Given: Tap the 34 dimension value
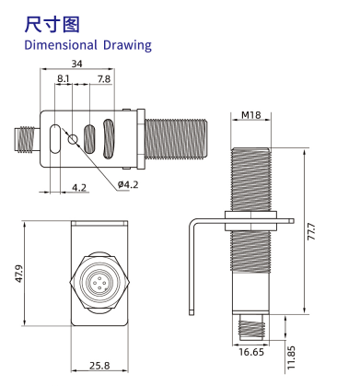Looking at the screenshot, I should coord(78,64).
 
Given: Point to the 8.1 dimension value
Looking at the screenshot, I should coord(64,81).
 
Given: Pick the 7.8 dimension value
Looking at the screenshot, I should coord(105,81).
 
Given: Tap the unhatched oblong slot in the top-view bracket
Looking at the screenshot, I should coord(55,139).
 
